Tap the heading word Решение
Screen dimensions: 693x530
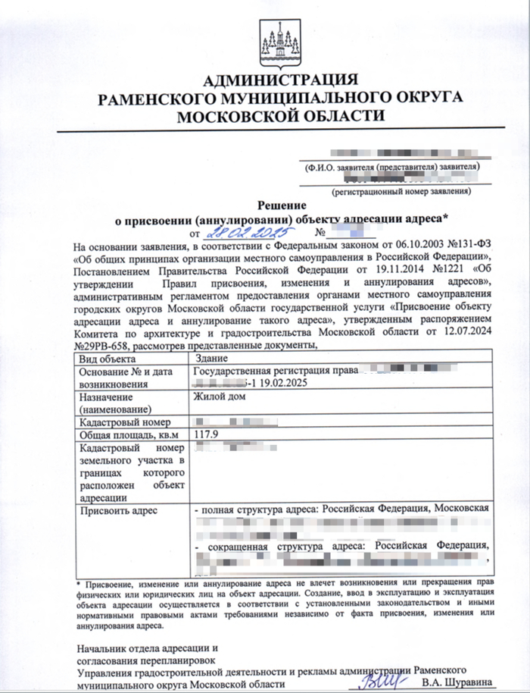coord(281,205)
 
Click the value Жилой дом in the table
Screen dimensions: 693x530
coord(220,397)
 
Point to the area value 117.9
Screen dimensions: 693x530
coord(207,434)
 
